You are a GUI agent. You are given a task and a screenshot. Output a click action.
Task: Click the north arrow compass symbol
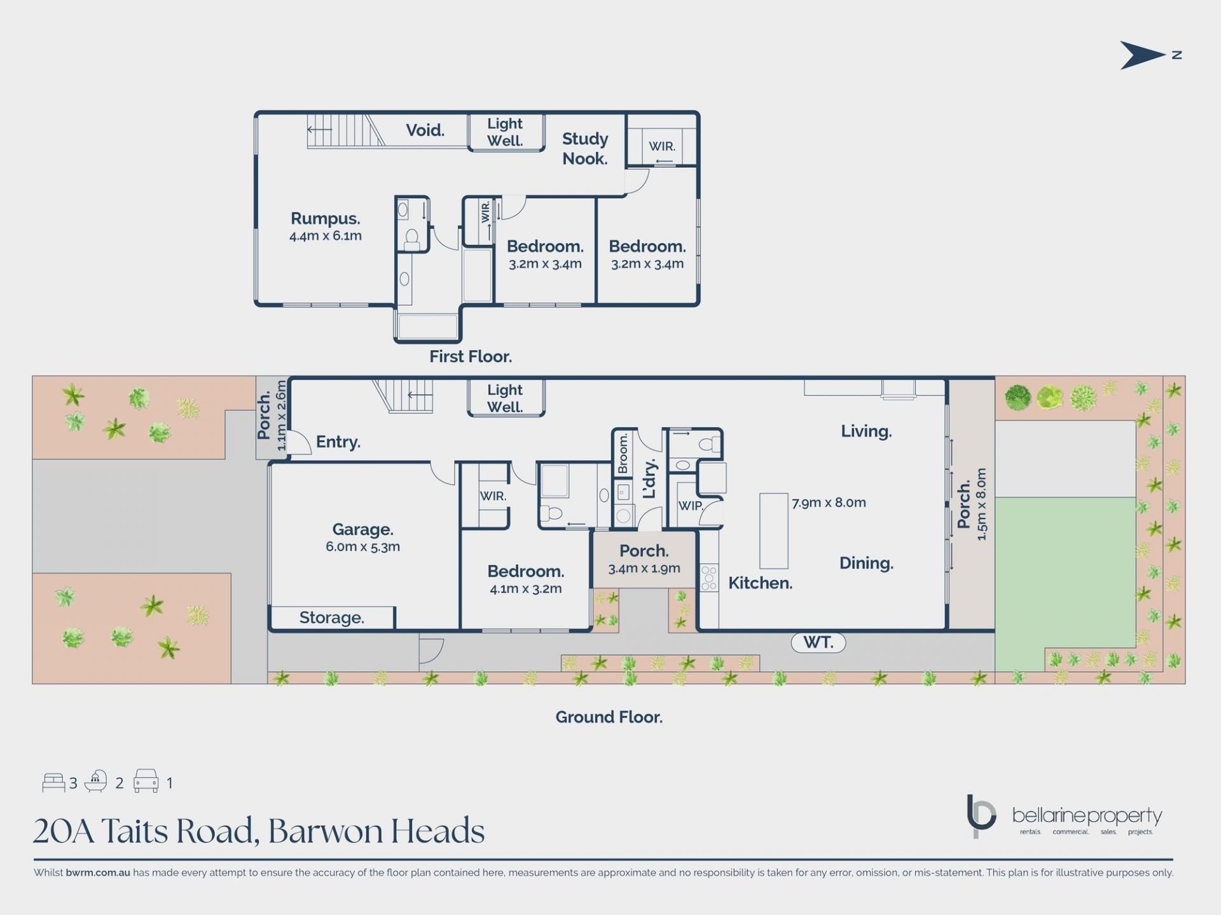[1143, 55]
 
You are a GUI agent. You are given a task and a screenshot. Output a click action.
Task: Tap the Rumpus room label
[326, 219]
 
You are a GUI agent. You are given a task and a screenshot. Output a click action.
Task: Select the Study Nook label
[585, 149]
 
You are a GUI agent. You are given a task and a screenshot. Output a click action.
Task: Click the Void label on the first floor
[425, 130]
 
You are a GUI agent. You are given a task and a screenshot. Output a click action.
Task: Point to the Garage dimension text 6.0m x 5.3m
[362, 546]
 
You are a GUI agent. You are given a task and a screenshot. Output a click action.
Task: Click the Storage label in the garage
[332, 618]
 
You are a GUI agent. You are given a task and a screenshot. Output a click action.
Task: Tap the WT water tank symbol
[818, 642]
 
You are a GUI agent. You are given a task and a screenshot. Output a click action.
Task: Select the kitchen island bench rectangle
[774, 531]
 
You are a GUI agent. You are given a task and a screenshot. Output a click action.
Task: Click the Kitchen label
[760, 583]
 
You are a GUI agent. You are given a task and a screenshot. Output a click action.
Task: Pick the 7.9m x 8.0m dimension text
[829, 503]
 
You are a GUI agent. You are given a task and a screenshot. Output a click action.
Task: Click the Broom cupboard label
[623, 454]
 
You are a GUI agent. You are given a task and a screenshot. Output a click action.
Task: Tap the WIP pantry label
[691, 506]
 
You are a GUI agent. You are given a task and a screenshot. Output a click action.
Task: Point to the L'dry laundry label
[649, 479]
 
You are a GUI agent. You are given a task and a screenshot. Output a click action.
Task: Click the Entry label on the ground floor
[338, 442]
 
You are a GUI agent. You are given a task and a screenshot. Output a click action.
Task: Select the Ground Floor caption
[609, 717]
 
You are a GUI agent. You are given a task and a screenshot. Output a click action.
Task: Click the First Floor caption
[471, 356]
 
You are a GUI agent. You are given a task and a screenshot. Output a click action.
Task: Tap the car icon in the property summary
[146, 781]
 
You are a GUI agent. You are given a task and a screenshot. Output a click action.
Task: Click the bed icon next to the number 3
[53, 782]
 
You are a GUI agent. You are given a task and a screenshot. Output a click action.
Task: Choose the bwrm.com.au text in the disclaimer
[98, 872]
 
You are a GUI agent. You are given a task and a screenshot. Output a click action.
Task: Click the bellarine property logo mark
[981, 816]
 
